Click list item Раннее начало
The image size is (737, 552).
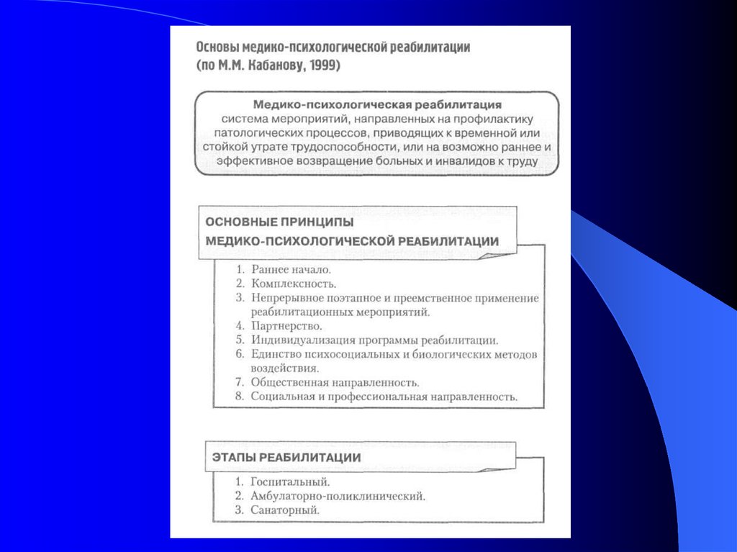point(291,269)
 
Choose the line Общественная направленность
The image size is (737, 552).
point(335,382)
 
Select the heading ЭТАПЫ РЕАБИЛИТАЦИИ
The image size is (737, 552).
point(286,457)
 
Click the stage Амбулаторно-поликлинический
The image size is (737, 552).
point(338,495)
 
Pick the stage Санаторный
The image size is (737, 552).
point(285,510)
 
